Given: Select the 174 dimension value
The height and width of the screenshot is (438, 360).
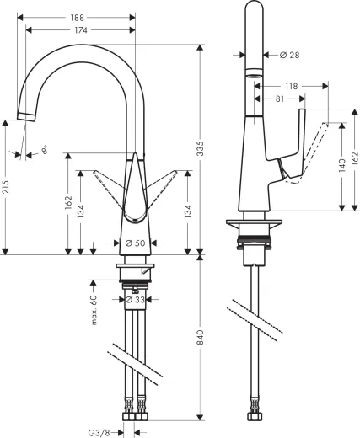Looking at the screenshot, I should pos(82,30).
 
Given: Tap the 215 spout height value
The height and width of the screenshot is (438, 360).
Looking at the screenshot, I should pos(7,187).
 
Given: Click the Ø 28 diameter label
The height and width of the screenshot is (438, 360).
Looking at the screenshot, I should pos(288,55).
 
